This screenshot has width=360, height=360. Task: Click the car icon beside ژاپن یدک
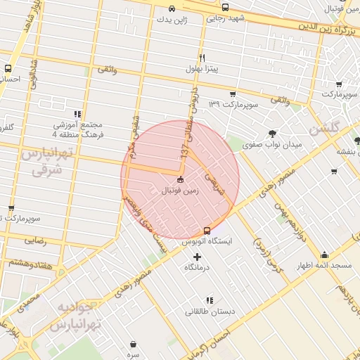tap(172, 9)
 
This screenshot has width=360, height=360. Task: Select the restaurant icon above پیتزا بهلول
tap(202, 58)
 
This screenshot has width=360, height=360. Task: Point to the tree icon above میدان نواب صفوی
tap(272, 133)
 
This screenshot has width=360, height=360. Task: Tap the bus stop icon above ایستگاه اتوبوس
tap(207, 230)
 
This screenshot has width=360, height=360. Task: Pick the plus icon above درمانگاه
tap(197, 257)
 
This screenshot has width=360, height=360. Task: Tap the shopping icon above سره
tap(134, 344)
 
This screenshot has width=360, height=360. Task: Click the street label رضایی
tap(35, 240)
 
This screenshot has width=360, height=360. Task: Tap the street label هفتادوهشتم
tap(30, 262)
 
